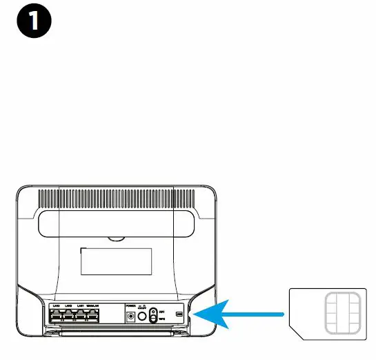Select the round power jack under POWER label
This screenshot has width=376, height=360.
[x=130, y=316]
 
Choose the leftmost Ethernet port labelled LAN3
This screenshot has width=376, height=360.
[x=57, y=316]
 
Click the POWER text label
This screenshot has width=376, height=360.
[x=130, y=305]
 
